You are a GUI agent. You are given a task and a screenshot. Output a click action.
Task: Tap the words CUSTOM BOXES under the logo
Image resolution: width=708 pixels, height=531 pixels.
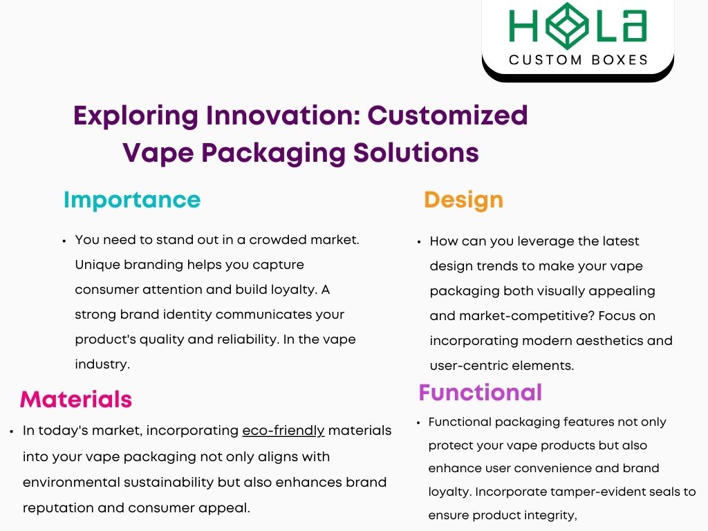pyautogui.click(x=579, y=60)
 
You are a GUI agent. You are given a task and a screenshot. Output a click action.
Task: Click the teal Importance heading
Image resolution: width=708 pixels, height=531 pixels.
pyautogui.click(x=132, y=200)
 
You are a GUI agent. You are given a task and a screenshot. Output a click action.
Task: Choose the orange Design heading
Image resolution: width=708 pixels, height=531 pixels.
pyautogui.click(x=463, y=200)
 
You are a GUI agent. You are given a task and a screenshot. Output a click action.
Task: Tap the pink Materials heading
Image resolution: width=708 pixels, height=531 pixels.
pyautogui.click(x=76, y=399)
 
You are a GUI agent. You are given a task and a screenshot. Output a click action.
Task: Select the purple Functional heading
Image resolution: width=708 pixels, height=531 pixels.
pyautogui.click(x=480, y=393)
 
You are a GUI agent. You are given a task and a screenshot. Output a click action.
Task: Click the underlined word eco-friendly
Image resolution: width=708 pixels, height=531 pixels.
pyautogui.click(x=283, y=431)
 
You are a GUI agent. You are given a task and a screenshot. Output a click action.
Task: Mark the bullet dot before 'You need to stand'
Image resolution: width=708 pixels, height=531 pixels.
pyautogui.click(x=64, y=241)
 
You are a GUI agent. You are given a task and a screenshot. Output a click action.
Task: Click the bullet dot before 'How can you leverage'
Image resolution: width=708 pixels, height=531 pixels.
pyautogui.click(x=419, y=242)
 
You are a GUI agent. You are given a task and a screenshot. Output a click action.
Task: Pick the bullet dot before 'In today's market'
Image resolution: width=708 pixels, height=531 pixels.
pyautogui.click(x=12, y=431)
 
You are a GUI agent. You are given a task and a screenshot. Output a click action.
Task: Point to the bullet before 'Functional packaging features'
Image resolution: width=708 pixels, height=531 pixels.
pyautogui.click(x=419, y=422)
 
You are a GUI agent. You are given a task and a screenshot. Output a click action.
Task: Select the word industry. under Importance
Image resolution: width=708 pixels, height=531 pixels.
pyautogui.click(x=102, y=364)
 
